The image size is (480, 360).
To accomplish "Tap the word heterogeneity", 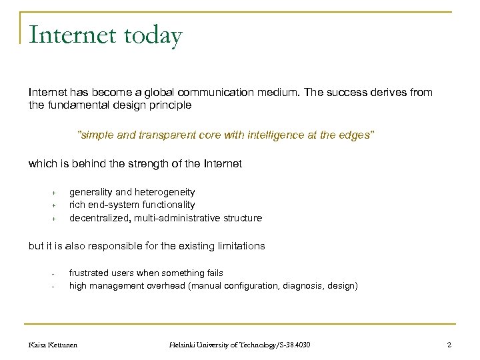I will pyautogui.click(x=161, y=192).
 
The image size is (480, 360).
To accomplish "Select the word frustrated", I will pyautogui.click(x=90, y=273).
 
